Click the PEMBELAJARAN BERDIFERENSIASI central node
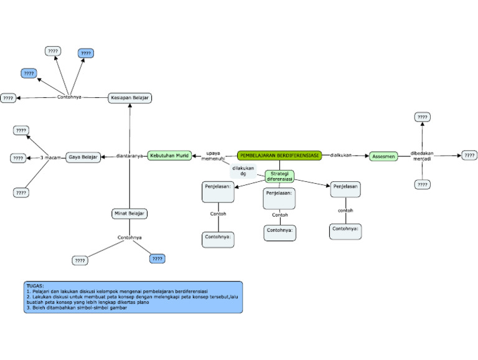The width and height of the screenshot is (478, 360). click(x=279, y=155)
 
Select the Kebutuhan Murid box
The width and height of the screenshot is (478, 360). click(x=169, y=156)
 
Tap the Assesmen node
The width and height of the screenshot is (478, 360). click(x=383, y=156)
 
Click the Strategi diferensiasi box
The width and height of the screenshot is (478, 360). click(x=279, y=176)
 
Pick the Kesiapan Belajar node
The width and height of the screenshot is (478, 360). click(x=130, y=98)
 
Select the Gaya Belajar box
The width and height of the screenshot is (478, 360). click(x=83, y=157)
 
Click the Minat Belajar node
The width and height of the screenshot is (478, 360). click(x=129, y=214)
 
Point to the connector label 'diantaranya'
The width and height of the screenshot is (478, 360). click(x=129, y=156)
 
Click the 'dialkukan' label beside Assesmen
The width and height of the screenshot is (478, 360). click(x=341, y=155)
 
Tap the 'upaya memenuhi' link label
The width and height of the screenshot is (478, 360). click(x=213, y=156)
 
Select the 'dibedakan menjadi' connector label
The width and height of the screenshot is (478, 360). click(x=422, y=156)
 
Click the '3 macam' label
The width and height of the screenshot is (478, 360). click(x=50, y=158)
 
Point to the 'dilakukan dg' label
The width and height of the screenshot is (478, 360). click(x=243, y=171)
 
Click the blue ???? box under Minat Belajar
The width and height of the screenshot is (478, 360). click(x=157, y=258)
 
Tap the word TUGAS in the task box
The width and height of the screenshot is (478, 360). click(x=35, y=286)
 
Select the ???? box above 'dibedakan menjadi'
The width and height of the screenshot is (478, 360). click(x=423, y=117)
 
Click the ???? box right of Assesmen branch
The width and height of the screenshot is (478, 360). click(x=469, y=155)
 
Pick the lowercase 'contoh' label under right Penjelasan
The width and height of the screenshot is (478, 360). click(x=345, y=211)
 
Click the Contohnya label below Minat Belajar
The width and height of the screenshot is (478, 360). click(x=129, y=237)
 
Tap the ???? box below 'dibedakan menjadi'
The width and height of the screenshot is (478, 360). click(x=423, y=184)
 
